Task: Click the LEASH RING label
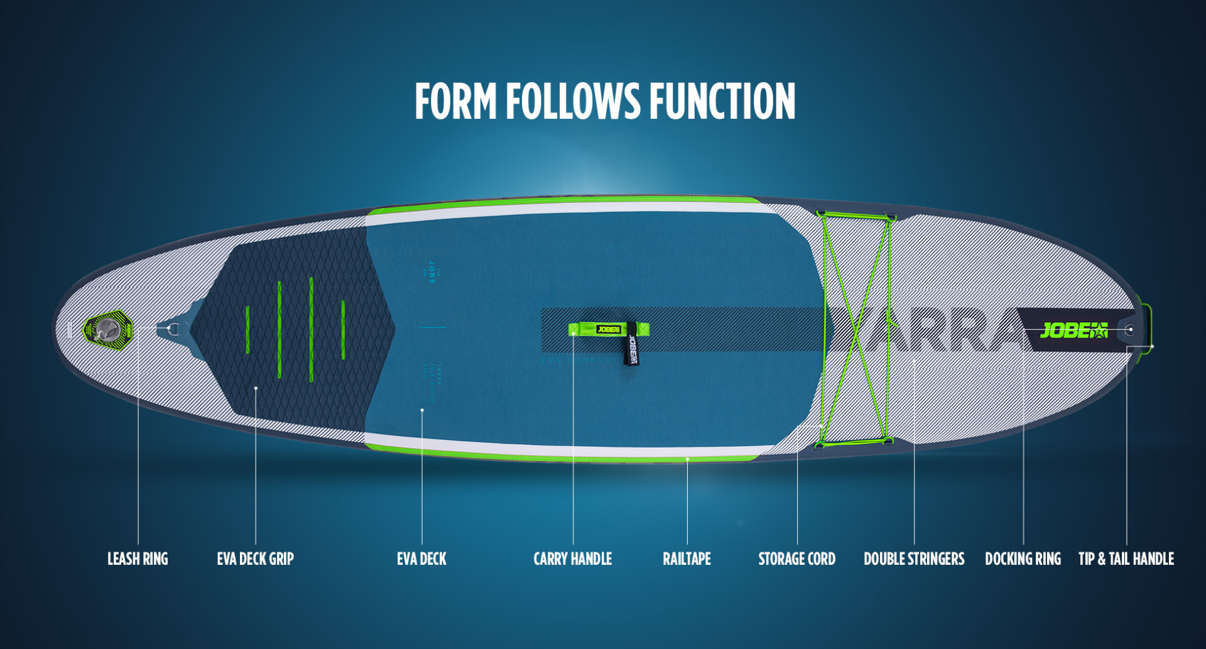138,559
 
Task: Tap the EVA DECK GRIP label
255,559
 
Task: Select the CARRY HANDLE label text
572,559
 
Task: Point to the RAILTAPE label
687,559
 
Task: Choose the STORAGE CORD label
796,559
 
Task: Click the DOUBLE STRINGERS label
914,559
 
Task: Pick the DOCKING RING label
1023,559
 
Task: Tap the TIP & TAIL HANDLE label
1126,559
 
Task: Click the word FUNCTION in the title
722,101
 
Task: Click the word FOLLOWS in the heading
573,101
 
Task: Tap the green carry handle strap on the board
608,329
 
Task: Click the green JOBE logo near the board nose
1073,330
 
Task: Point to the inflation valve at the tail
109,329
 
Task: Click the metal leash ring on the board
174,329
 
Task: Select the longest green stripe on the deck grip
312,330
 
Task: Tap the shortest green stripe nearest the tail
247,329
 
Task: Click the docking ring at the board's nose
1129,329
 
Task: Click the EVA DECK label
421,559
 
